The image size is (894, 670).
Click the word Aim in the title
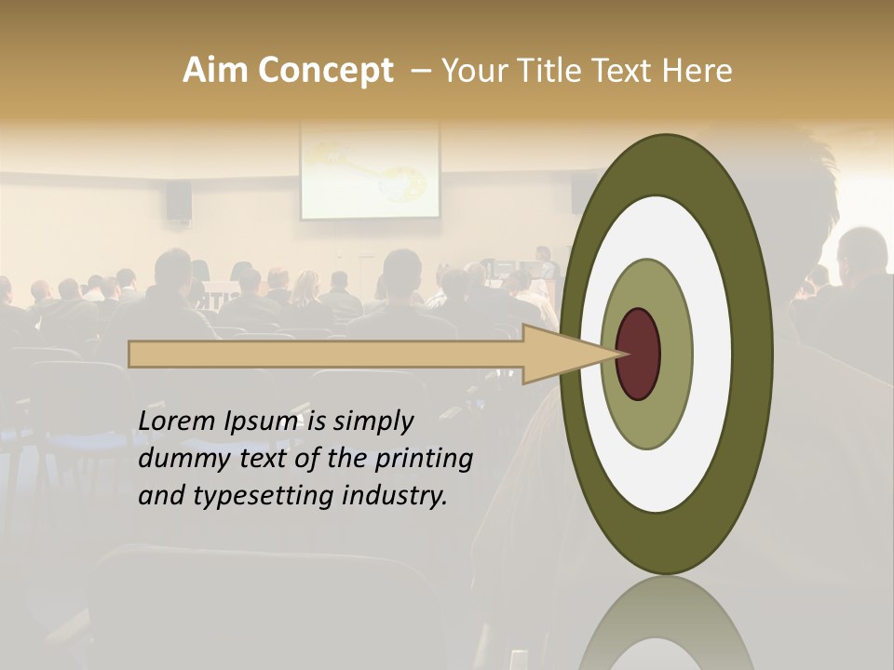pos(216,71)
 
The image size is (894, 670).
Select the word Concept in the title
pos(325,71)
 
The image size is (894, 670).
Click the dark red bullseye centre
pos(638,355)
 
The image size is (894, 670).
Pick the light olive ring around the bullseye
pos(675,355)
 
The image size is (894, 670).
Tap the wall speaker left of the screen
pos(179,199)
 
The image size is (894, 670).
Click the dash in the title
pos(420,71)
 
